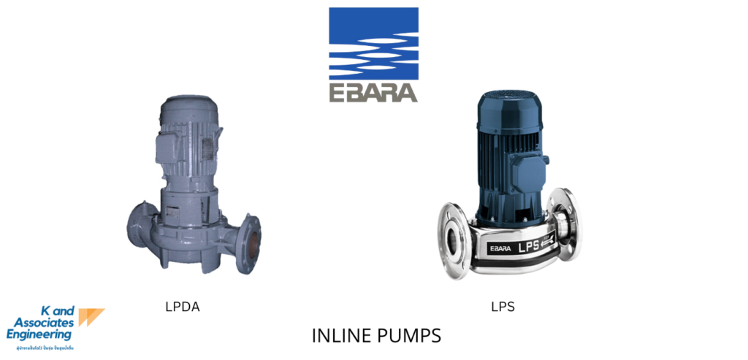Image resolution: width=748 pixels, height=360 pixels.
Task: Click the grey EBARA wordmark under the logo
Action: pos(373,93)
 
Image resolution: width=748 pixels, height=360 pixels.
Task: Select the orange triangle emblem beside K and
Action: pos(91,316)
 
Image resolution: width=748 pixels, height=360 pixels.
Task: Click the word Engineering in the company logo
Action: pos(39,334)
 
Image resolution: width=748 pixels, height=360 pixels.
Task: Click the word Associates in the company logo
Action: pos(44,322)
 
